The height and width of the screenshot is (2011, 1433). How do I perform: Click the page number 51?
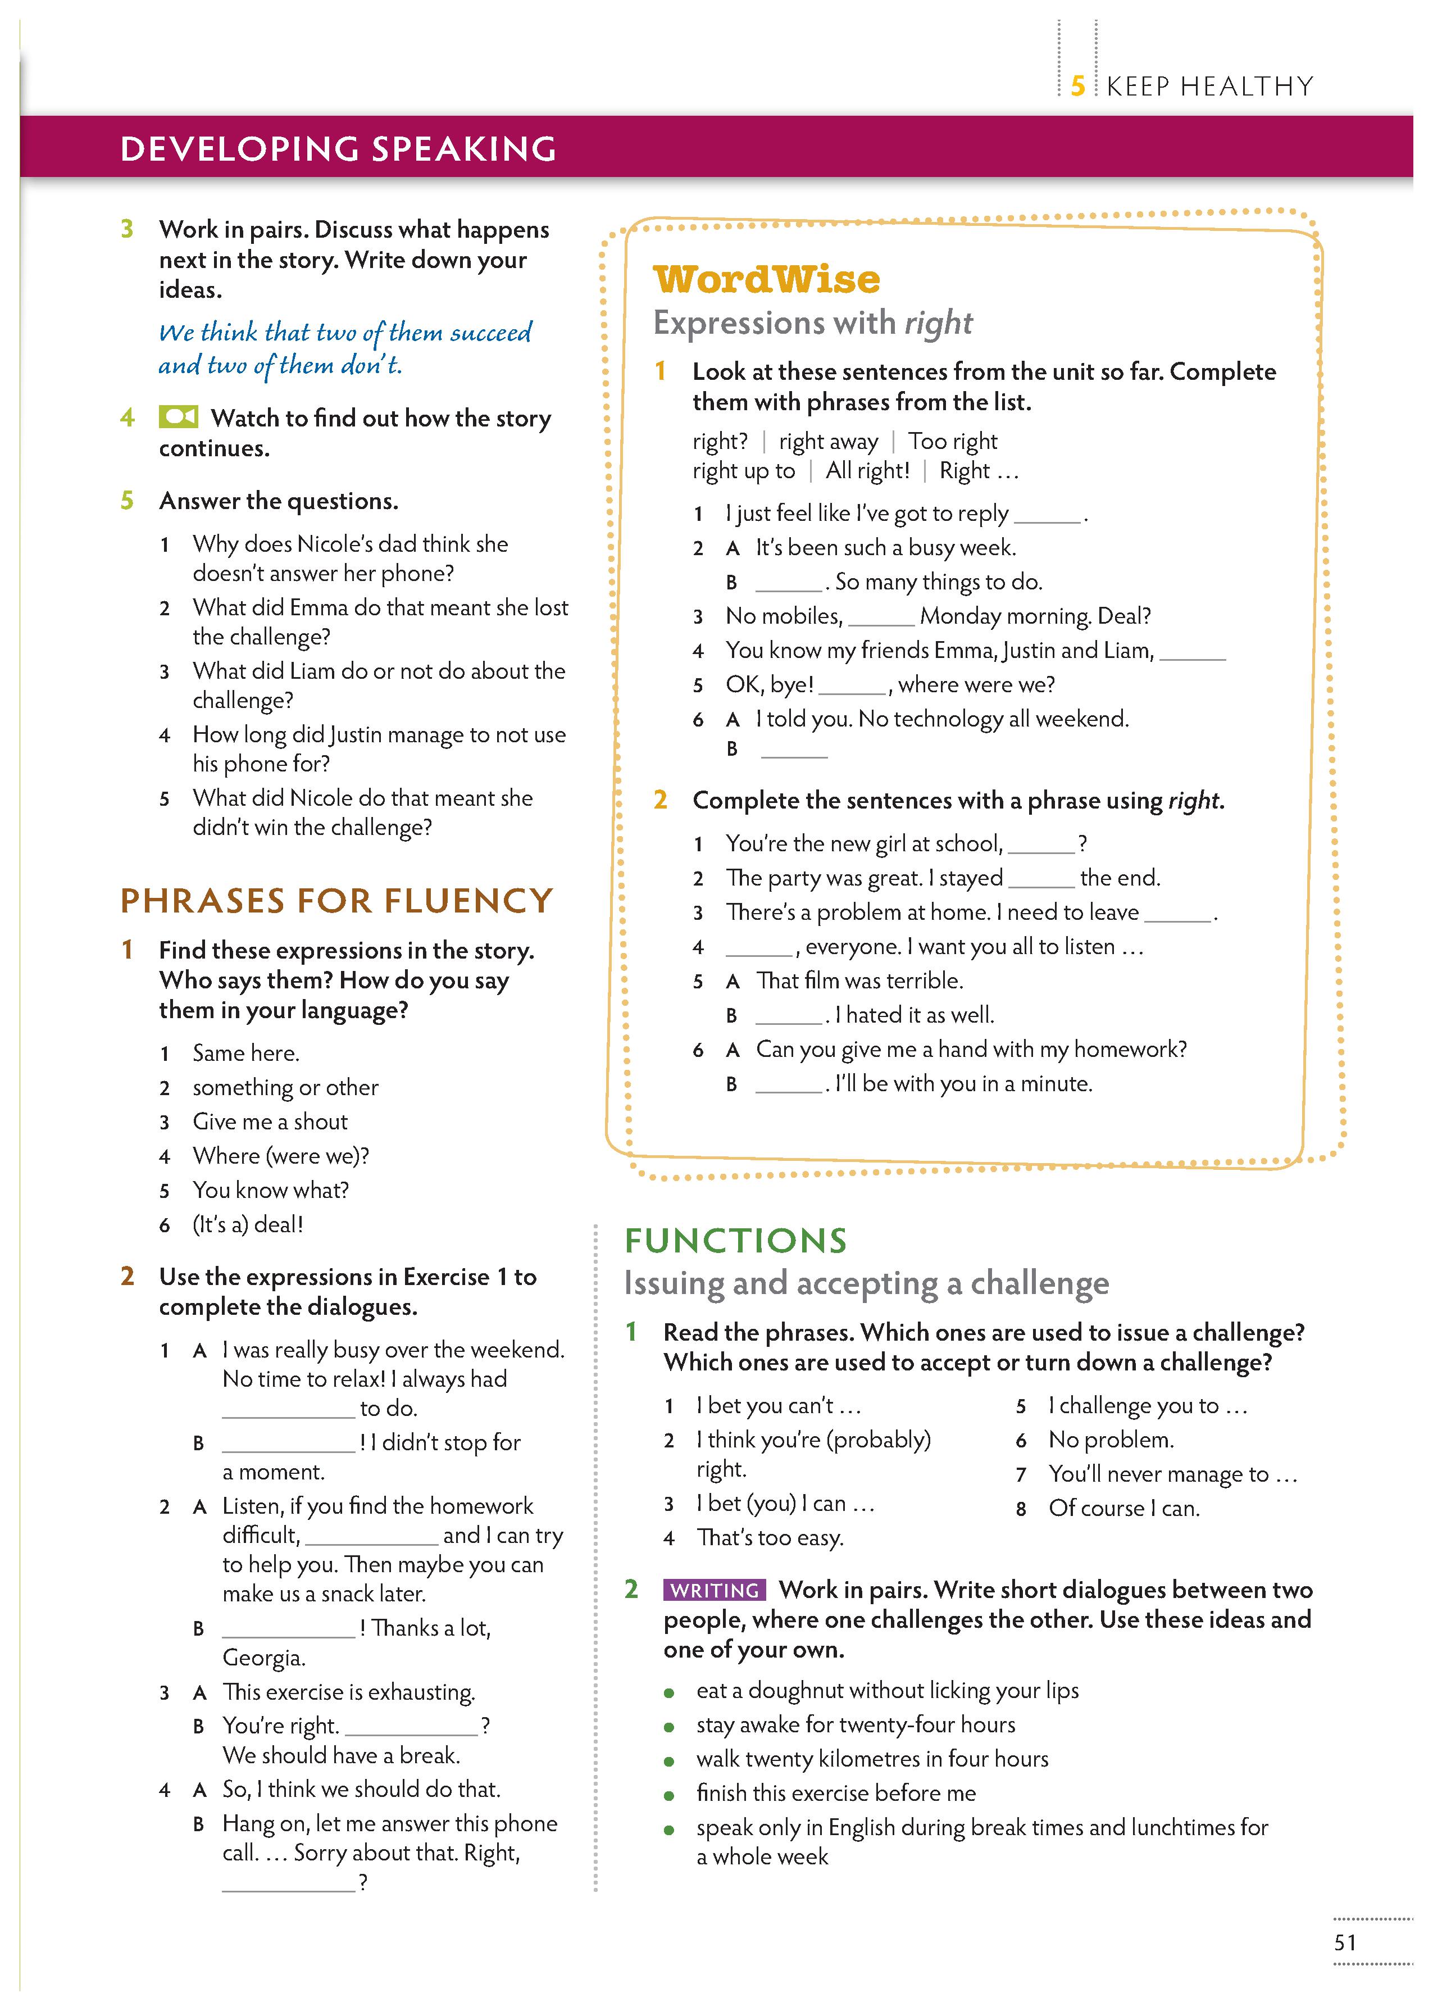pos(1345,1942)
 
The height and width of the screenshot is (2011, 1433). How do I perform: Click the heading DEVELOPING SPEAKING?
pos(338,148)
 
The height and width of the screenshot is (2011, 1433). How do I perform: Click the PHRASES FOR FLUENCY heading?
pos(336,900)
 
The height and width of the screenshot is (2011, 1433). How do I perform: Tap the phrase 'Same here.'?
pos(245,1053)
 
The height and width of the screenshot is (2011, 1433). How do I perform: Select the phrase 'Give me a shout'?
pos(270,1122)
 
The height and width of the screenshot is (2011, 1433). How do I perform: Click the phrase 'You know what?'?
pos(270,1191)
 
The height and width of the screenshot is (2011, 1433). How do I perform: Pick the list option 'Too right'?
pos(952,441)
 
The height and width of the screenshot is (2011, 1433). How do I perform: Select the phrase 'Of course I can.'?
pos(1123,1508)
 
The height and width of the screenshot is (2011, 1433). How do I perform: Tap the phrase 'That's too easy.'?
pos(770,1537)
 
